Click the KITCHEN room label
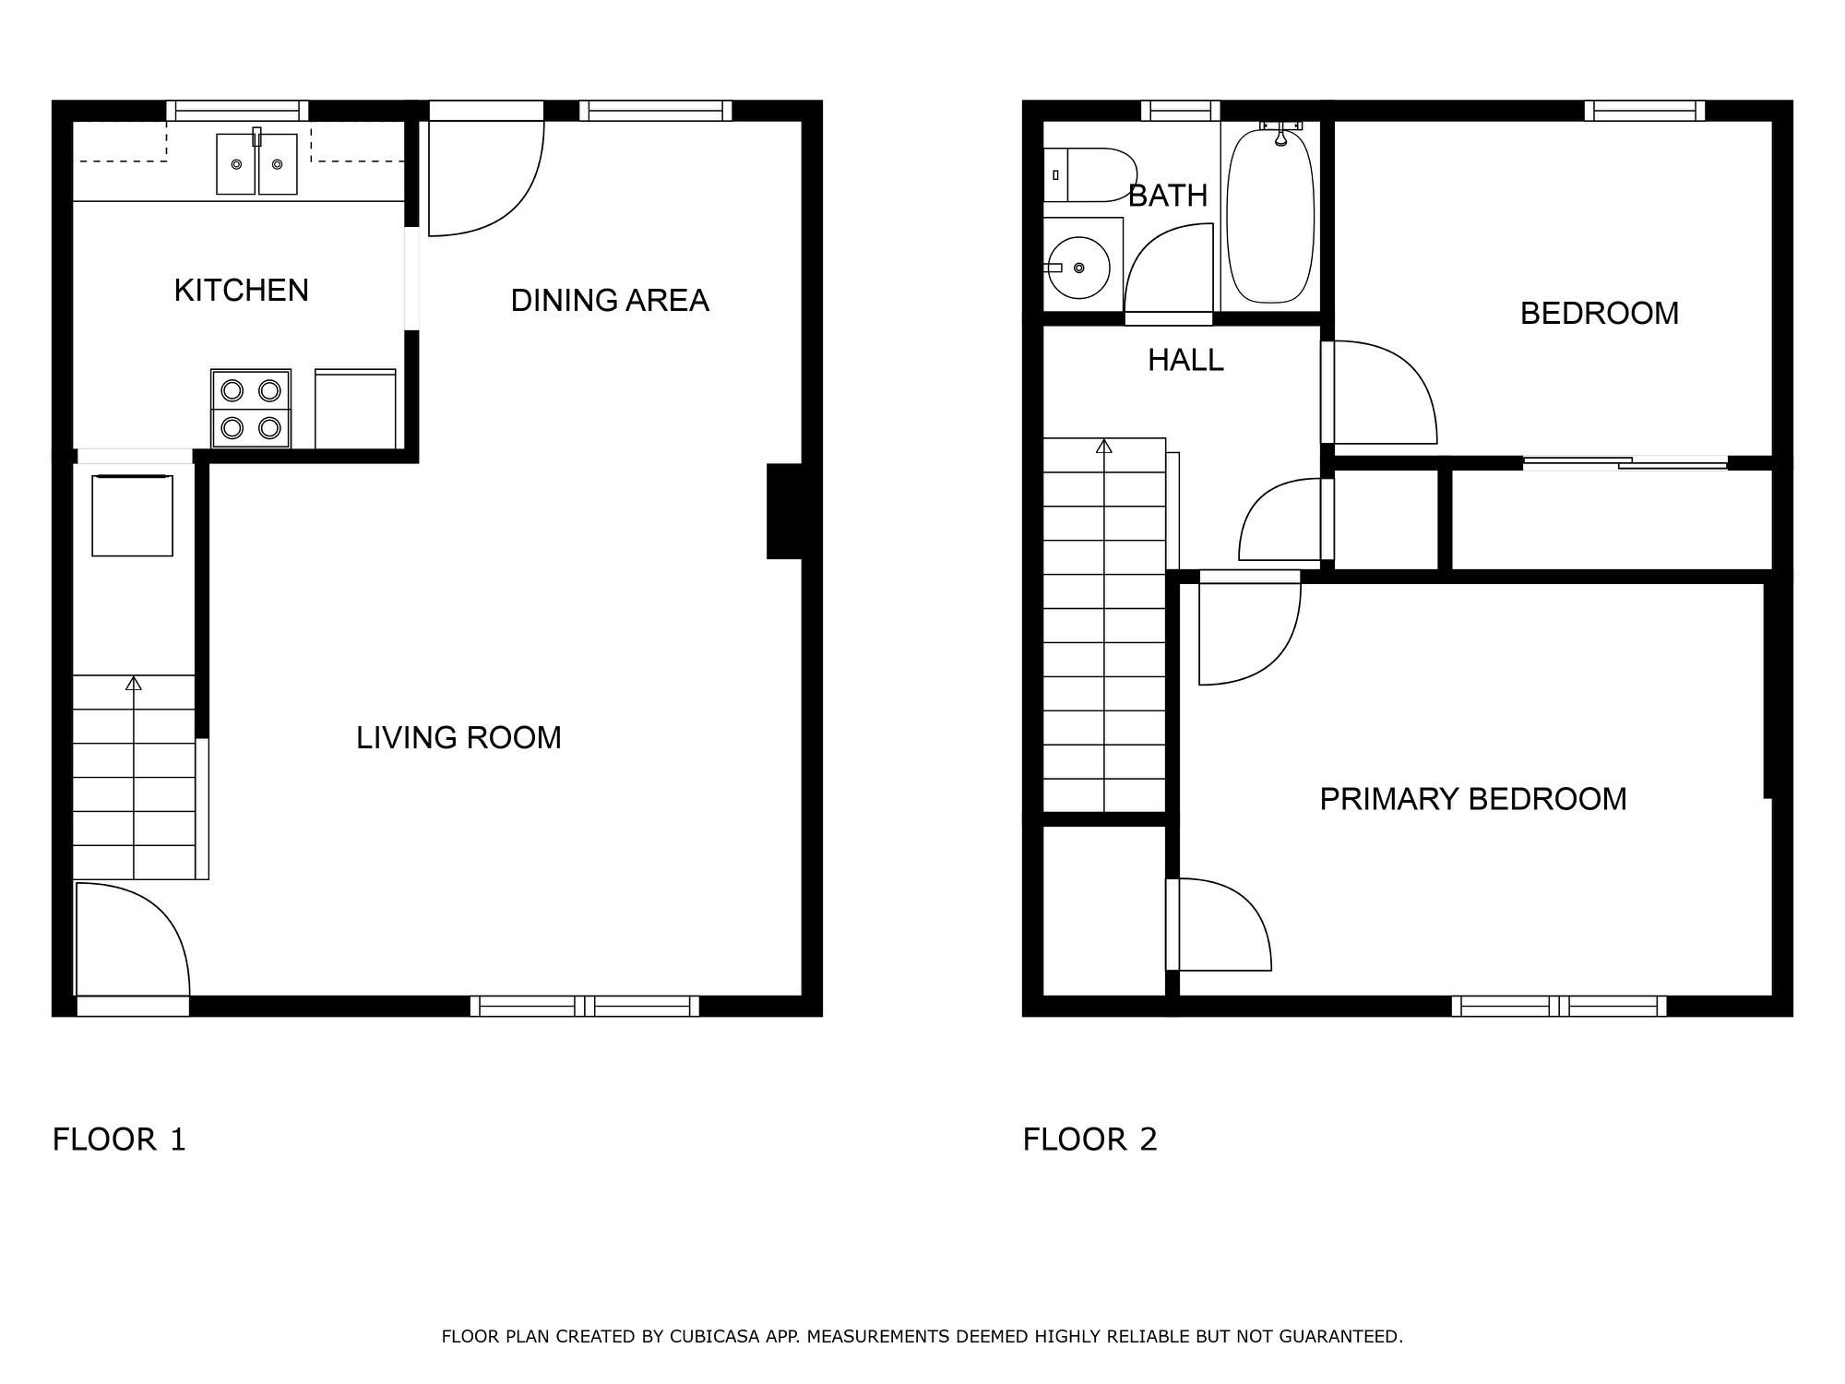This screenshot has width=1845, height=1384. click(x=242, y=291)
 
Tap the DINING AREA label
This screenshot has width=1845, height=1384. click(x=610, y=301)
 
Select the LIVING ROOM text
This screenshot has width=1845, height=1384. click(x=458, y=738)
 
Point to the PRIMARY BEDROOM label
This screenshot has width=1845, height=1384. click(x=1473, y=799)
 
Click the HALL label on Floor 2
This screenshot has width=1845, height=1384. click(x=1185, y=360)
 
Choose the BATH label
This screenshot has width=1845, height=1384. click(x=1168, y=196)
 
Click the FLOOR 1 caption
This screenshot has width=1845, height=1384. click(x=119, y=1139)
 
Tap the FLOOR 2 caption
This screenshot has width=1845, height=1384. click(x=1089, y=1139)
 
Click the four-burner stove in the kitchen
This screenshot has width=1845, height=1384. click(x=251, y=409)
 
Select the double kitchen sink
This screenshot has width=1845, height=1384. click(x=256, y=163)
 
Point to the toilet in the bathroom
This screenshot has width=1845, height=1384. click(x=1089, y=174)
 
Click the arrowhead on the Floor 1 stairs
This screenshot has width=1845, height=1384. click(x=134, y=684)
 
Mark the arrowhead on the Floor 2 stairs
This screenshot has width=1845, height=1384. click(x=1104, y=447)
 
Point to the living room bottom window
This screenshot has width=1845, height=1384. click(x=585, y=1007)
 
